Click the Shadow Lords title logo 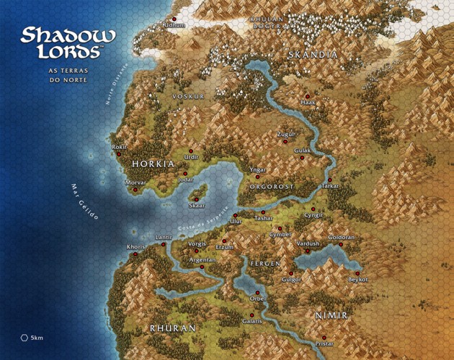pyautogui.click(x=68, y=43)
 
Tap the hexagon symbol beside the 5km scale pyautogui.click(x=25, y=337)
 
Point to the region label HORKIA pyautogui.click(x=152, y=164)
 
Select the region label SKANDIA pyautogui.click(x=312, y=55)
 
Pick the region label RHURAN pyautogui.click(x=172, y=328)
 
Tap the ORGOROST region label pyautogui.click(x=272, y=186)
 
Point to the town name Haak pyautogui.click(x=308, y=103)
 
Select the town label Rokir pyautogui.click(x=120, y=147)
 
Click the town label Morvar pyautogui.click(x=135, y=183)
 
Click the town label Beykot pyautogui.click(x=357, y=279)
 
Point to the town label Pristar pyautogui.click(x=324, y=345)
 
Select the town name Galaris pyautogui.click(x=252, y=320)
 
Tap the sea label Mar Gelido pyautogui.click(x=84, y=202)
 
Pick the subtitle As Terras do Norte pyautogui.click(x=68, y=76)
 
